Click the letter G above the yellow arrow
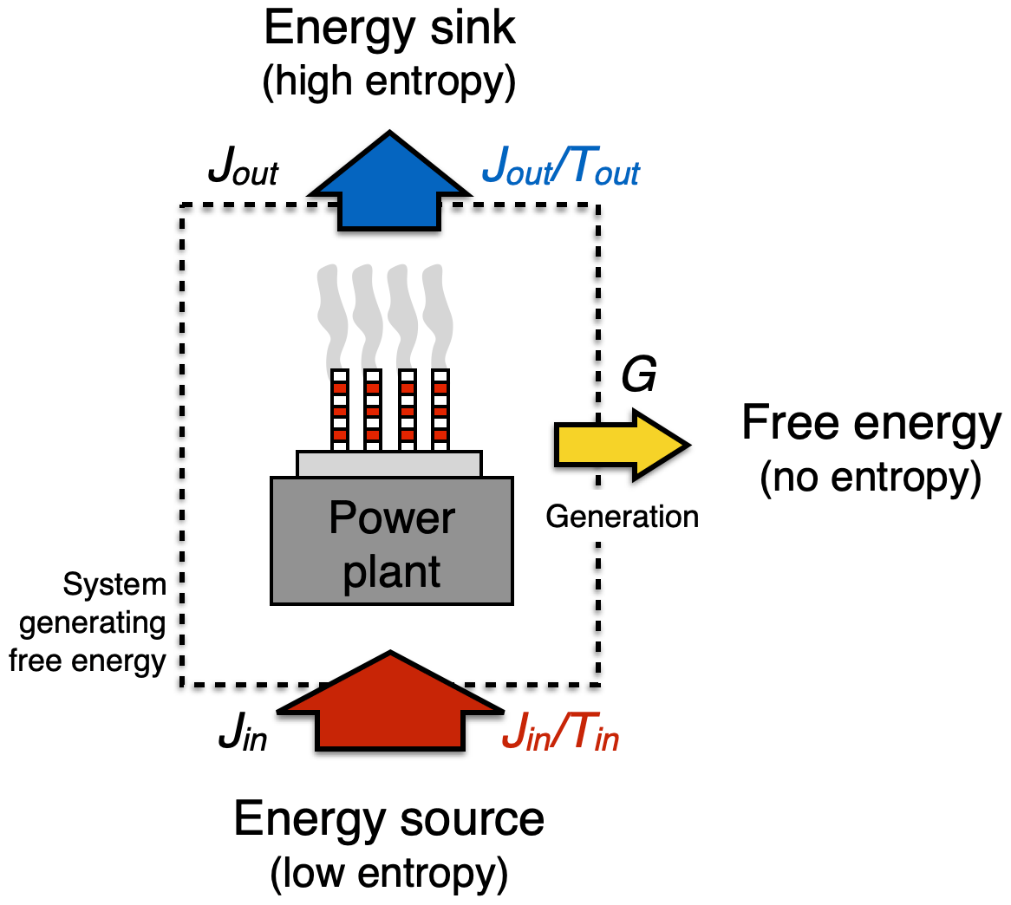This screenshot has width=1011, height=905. pyautogui.click(x=639, y=375)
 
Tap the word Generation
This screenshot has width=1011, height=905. pyautogui.click(x=622, y=517)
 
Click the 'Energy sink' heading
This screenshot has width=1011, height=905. pyautogui.click(x=389, y=29)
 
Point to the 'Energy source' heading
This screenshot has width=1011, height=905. pyautogui.click(x=389, y=819)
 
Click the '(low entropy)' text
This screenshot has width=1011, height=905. pyautogui.click(x=389, y=874)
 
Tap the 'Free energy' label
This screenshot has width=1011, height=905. pyautogui.click(x=871, y=424)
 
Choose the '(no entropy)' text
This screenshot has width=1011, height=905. pyautogui.click(x=871, y=478)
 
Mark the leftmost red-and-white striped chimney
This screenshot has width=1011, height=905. pyautogui.click(x=340, y=410)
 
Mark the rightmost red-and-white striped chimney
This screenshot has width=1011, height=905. pyautogui.click(x=440, y=410)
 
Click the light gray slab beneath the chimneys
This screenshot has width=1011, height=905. pyautogui.click(x=389, y=464)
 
